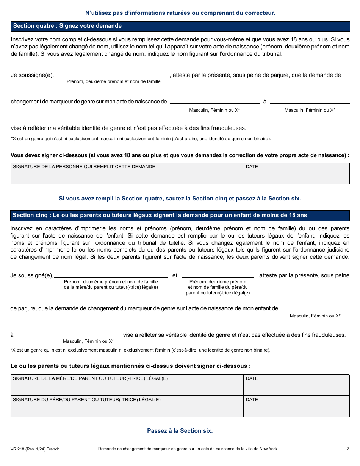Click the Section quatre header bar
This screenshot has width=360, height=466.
click(x=180, y=26)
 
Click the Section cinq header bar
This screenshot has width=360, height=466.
click(x=180, y=215)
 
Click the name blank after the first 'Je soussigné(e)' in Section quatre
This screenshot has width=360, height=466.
click(x=114, y=74)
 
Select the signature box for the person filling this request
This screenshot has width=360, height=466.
click(x=127, y=174)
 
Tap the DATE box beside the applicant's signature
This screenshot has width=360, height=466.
click(x=296, y=174)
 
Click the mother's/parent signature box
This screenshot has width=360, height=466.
click(x=127, y=385)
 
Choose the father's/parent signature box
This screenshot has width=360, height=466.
click(x=127, y=406)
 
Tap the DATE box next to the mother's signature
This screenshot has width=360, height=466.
click(x=296, y=385)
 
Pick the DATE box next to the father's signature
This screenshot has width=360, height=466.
click(x=296, y=406)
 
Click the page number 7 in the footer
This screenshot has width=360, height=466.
click(x=347, y=449)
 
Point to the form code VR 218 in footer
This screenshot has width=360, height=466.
click(x=35, y=449)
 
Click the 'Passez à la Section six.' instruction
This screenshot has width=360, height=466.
click(x=180, y=431)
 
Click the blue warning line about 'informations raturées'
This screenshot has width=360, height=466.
click(x=180, y=13)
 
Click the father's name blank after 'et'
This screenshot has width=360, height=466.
click(x=218, y=275)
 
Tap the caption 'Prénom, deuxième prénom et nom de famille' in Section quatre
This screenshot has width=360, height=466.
click(x=114, y=81)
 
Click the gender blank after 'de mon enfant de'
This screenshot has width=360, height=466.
click(x=315, y=308)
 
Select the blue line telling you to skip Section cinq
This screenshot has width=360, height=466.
click(x=180, y=199)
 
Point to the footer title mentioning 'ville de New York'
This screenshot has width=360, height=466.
click(x=187, y=449)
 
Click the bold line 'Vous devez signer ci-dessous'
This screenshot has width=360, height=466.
click(x=180, y=155)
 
